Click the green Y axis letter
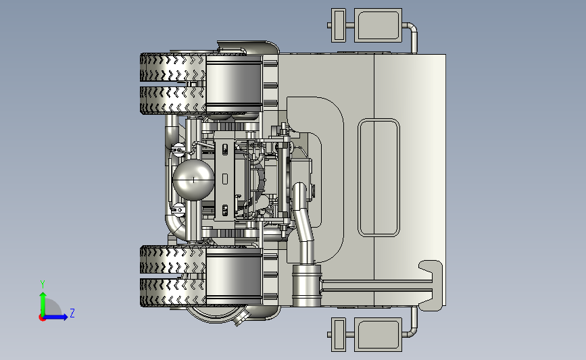click(43, 284)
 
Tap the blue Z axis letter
click(72, 313)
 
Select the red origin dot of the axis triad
click(42, 318)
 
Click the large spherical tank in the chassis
click(193, 180)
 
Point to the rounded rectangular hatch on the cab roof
click(379, 178)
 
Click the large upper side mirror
click(378, 26)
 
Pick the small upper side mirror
click(339, 25)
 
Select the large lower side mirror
click(378, 334)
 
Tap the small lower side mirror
click(339, 334)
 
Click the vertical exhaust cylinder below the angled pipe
click(307, 285)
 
